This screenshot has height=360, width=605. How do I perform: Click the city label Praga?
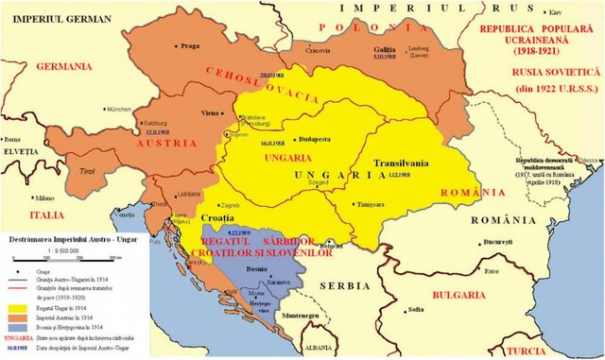point(193,44)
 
